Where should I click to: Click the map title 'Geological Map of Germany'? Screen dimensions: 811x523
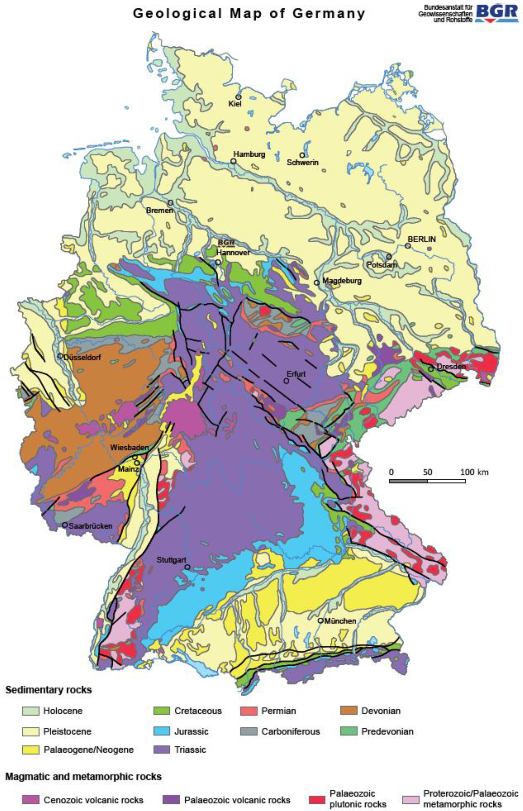(x=249, y=13)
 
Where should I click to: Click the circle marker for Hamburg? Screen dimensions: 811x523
(x=234, y=161)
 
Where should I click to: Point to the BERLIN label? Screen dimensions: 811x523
(x=421, y=239)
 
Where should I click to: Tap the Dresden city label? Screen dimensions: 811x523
(x=451, y=367)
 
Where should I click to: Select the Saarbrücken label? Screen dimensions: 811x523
(x=90, y=526)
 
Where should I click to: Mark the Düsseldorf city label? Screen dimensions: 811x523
(x=82, y=357)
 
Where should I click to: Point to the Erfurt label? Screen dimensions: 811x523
(x=296, y=374)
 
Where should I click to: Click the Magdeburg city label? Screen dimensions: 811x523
(x=342, y=281)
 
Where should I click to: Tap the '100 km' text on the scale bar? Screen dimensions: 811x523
(x=474, y=472)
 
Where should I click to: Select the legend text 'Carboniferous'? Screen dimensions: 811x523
(x=290, y=731)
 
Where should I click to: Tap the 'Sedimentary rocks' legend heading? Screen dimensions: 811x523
(x=48, y=690)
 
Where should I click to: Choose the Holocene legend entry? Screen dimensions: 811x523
(x=63, y=711)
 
